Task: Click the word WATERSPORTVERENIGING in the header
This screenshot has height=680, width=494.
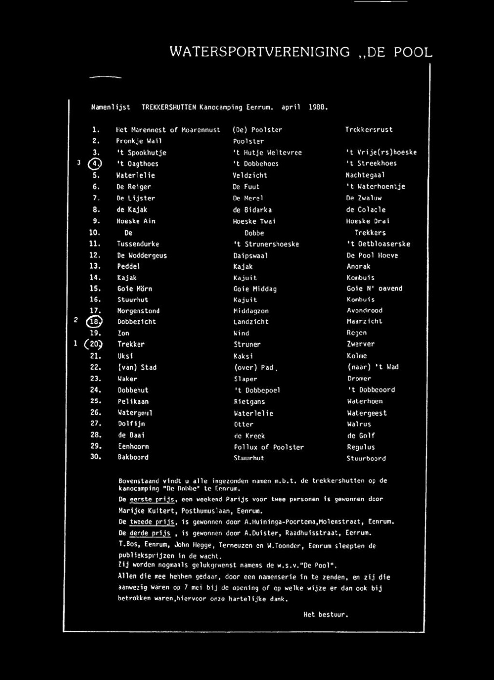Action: pyautogui.click(x=259, y=52)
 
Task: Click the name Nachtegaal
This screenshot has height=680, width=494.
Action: pyautogui.click(x=365, y=175)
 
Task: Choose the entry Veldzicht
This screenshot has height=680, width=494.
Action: pyautogui.click(x=250, y=175)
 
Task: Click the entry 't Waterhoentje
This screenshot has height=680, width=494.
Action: pyautogui.click(x=375, y=187)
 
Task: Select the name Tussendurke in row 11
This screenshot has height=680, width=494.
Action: pyautogui.click(x=138, y=244)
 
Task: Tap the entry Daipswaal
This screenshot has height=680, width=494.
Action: pyautogui.click(x=251, y=255)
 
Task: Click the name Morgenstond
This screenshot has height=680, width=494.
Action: pyautogui.click(x=138, y=311)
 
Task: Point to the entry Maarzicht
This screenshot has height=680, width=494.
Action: pyautogui.click(x=364, y=321)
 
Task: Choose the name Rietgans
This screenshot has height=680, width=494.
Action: pyautogui.click(x=249, y=402)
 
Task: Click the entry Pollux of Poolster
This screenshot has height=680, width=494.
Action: pyautogui.click(x=268, y=447)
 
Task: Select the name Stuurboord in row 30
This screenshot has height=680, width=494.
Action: pyautogui.click(x=366, y=459)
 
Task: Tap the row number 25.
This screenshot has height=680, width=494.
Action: pyautogui.click(x=96, y=401)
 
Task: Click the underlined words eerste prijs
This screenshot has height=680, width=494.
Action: pyautogui.click(x=153, y=500)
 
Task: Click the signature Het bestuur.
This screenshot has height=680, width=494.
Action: pyautogui.click(x=326, y=615)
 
